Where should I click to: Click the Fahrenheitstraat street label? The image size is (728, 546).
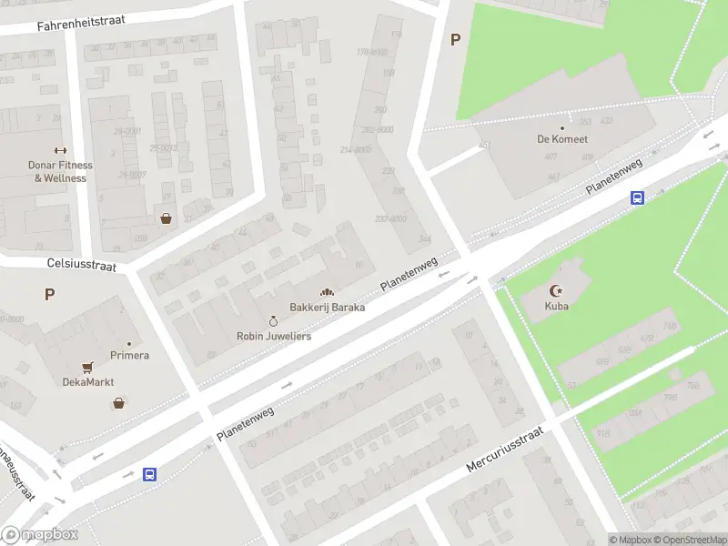81,23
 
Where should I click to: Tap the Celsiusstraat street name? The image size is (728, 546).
82,263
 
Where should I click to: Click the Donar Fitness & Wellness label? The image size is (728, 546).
61,172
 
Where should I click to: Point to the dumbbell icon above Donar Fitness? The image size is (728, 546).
61,151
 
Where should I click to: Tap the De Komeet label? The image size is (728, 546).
561,139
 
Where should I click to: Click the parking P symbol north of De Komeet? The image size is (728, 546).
455,39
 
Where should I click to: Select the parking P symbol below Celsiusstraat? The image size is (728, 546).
49,294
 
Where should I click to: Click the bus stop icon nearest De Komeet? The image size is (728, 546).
638,197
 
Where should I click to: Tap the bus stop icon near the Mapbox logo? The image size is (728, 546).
150,474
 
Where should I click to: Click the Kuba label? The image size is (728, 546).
556,306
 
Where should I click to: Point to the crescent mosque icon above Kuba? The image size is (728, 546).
556,291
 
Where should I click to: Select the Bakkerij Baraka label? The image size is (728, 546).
328,308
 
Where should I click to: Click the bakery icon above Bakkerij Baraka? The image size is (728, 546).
327,292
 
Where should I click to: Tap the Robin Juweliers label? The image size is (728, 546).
274,336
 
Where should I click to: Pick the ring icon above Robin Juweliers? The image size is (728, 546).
273,321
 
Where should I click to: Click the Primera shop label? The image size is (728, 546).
129,355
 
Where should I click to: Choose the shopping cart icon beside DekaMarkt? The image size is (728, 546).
87,367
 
